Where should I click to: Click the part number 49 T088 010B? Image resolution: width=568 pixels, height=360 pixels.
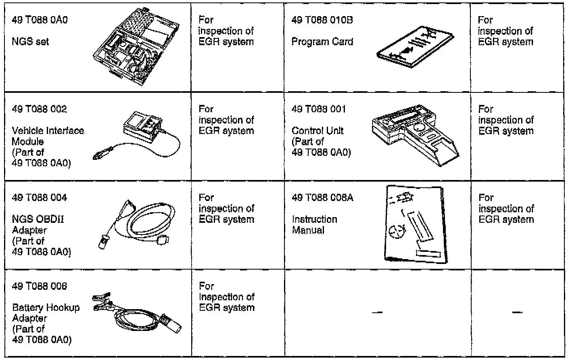pos(322,20)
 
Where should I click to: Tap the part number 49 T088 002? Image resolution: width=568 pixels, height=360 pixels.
pos(40,109)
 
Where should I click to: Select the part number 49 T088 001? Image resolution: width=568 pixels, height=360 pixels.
pos(319,109)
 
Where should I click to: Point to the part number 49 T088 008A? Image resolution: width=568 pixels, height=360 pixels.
pos(320,198)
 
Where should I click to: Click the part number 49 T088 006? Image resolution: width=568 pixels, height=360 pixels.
pos(40,286)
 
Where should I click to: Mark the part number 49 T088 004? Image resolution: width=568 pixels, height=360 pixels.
pos(40,198)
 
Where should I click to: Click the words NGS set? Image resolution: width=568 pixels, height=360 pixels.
pos(31,42)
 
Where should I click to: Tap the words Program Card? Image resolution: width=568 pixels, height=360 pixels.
pos(322,42)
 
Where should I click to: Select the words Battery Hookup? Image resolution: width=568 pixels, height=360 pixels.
pos(46,308)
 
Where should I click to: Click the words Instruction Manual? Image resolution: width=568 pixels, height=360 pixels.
pos(314,225)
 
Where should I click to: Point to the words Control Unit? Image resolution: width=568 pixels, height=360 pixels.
pos(317,131)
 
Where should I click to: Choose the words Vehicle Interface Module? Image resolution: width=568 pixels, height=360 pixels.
pos(48,136)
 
